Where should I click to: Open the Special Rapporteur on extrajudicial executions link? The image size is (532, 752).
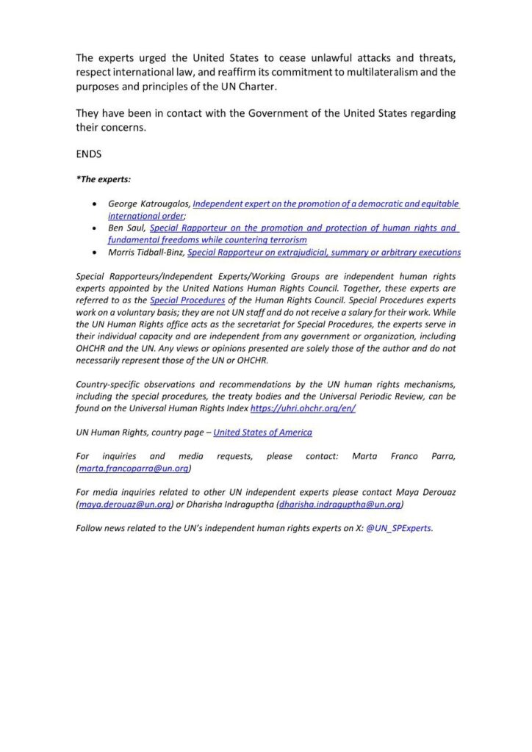pos(324,252)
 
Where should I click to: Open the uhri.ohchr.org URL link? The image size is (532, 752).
pos(303,408)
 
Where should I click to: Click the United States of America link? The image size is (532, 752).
pos(262,433)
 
